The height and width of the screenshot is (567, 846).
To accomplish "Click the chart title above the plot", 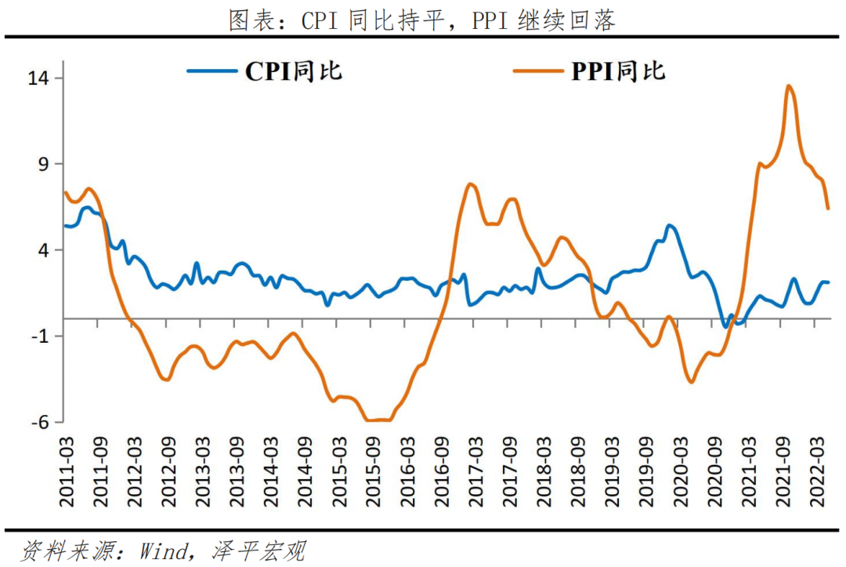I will (x=422, y=20).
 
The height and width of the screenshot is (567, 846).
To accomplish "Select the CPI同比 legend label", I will (x=294, y=71).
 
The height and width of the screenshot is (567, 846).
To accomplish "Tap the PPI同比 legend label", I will (x=618, y=71).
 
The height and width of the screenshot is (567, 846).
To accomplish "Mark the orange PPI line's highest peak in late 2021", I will (x=788, y=86).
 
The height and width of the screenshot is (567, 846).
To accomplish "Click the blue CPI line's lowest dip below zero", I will (x=725, y=325).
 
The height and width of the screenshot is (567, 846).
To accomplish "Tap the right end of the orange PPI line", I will (x=829, y=208).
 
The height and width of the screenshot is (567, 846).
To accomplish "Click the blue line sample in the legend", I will (x=211, y=71).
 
